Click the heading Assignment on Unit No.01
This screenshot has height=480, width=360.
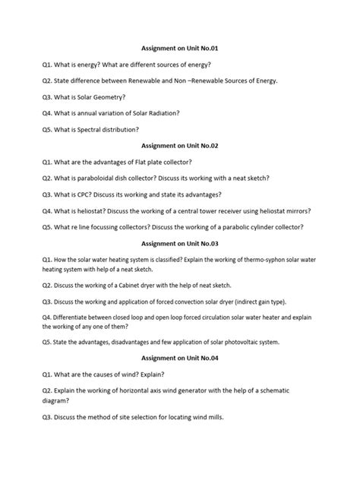pos(179,48)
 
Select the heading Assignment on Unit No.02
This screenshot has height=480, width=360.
pos(179,144)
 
